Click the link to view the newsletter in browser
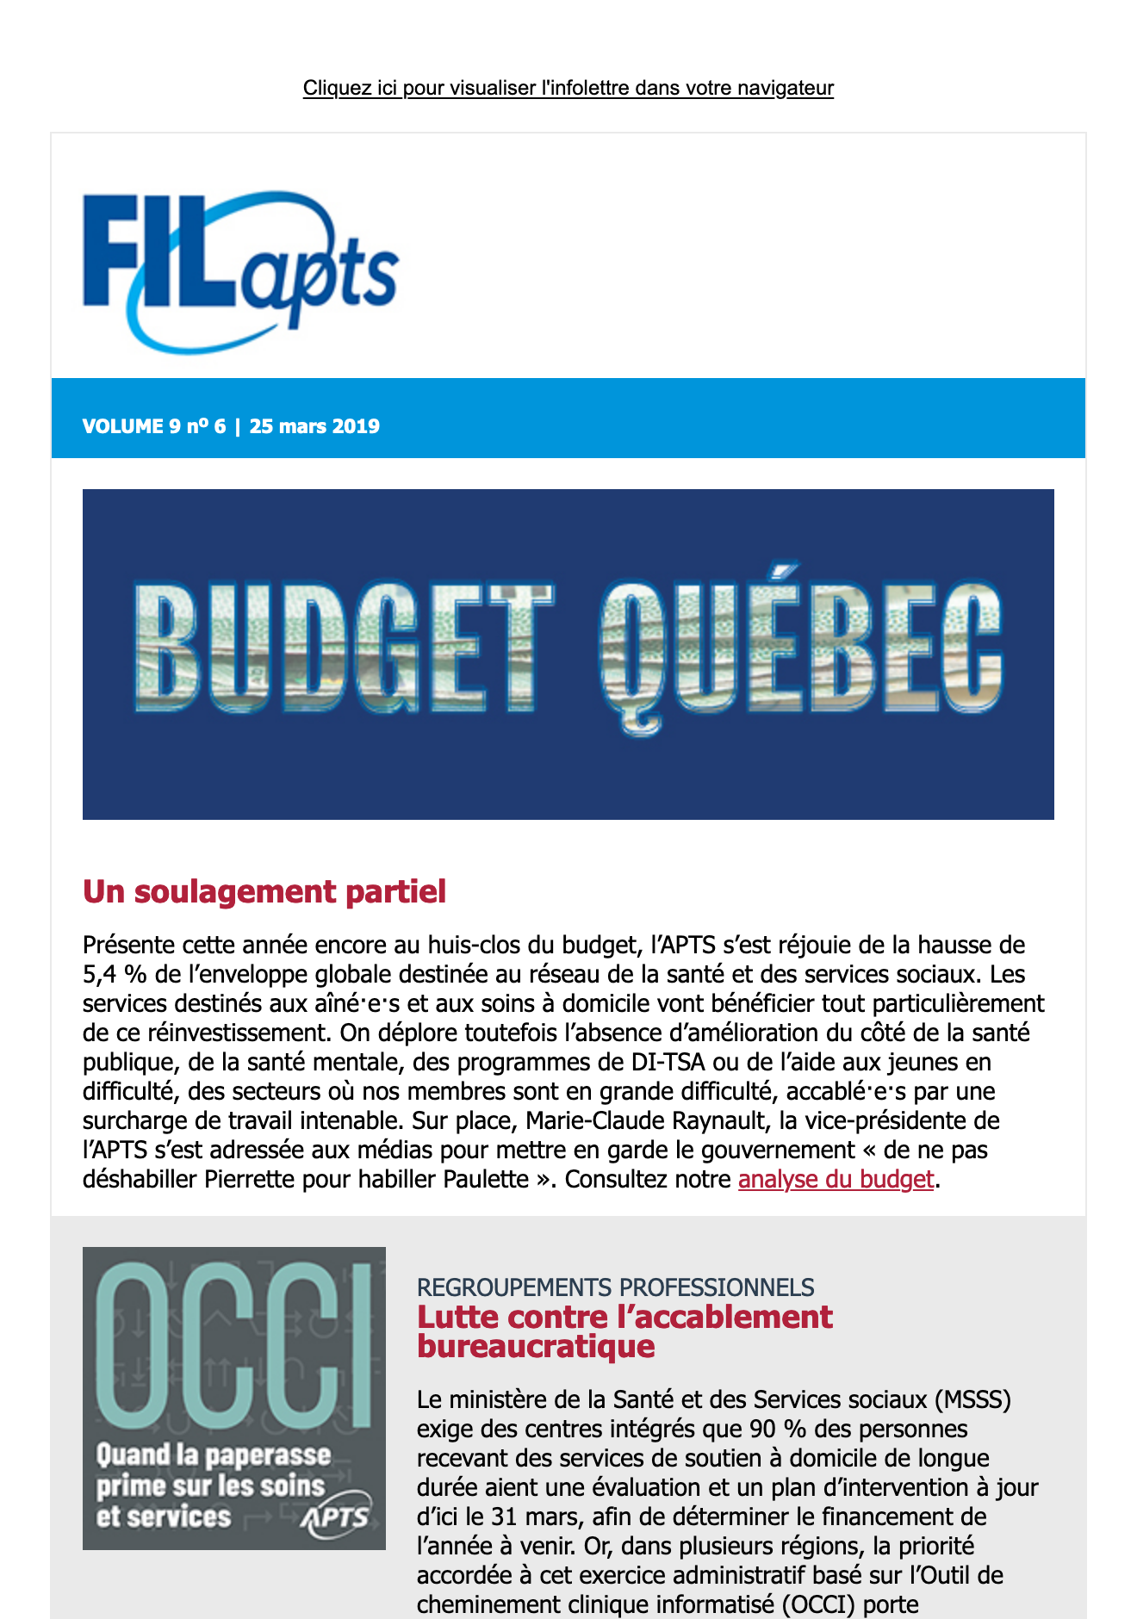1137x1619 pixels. tap(568, 88)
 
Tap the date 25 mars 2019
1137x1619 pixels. tap(314, 426)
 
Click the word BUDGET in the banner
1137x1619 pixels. tap(345, 648)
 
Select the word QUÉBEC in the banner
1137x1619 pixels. tap(801, 650)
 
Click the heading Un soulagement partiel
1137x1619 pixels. tap(264, 891)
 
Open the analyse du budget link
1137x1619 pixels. tap(836, 1179)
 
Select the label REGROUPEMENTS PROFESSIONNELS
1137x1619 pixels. tap(615, 1287)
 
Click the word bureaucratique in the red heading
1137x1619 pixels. tap(536, 1346)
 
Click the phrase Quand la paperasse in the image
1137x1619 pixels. tap(214, 1455)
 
